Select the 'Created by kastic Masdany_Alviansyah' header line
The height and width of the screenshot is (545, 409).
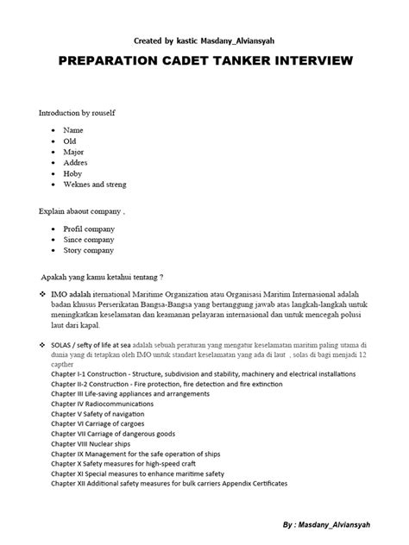point(204,40)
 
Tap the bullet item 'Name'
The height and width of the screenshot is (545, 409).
point(73,129)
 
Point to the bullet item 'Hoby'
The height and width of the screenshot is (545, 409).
point(74,173)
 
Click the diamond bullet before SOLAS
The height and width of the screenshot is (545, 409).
point(43,344)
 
